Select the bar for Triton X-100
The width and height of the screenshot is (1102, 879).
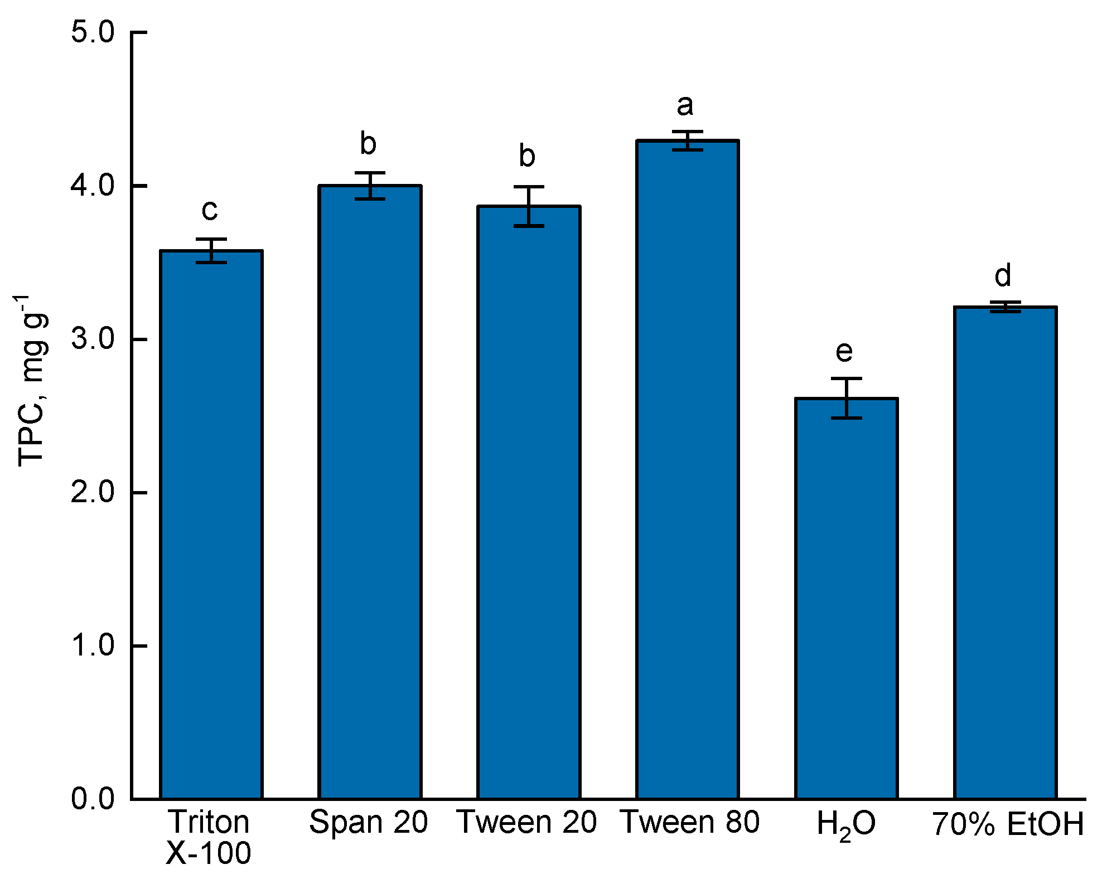[211, 524]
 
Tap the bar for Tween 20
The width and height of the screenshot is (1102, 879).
[529, 502]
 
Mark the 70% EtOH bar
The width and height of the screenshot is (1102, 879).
[1005, 552]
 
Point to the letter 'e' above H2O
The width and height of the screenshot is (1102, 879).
[844, 351]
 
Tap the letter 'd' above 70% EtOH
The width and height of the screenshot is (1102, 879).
[1003, 275]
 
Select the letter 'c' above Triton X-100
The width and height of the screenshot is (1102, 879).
[209, 210]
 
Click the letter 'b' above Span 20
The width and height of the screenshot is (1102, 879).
[368, 144]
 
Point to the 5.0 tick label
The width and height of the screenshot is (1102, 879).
[93, 32]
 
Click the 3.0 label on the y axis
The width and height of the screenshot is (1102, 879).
[93, 339]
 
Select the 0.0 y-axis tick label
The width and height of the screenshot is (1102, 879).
[93, 799]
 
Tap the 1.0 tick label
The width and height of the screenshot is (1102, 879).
[93, 645]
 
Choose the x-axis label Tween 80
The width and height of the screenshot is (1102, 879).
[690, 822]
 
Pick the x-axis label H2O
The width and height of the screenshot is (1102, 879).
[845, 824]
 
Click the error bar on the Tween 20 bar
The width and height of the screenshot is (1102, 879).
[529, 206]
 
